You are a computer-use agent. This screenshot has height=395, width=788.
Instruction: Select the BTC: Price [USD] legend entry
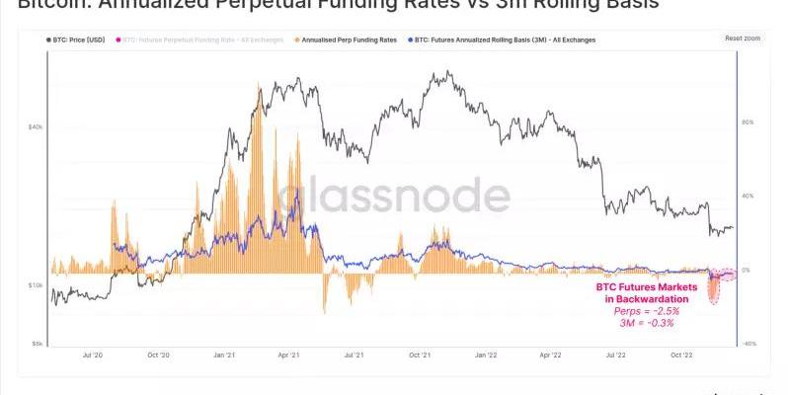pos(75,39)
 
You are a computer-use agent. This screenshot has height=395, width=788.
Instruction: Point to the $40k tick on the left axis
pos(36,127)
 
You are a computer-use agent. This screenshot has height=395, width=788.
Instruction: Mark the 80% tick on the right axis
pos(748,122)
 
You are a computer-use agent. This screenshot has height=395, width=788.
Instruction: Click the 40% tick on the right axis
pos(748,196)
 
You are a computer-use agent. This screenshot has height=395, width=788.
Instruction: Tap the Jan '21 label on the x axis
pos(225,353)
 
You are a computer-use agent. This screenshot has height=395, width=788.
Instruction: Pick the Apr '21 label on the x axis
pos(288,353)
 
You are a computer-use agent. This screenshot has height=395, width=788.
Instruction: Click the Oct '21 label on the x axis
pos(419,353)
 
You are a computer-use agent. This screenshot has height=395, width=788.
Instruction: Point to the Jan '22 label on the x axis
pos(484,353)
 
